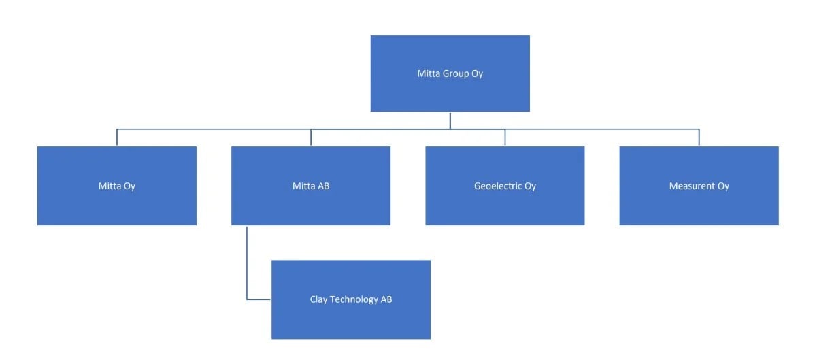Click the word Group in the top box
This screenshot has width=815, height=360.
click(x=456, y=73)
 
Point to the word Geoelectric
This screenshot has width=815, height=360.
click(x=498, y=186)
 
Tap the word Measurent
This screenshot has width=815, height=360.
click(x=692, y=186)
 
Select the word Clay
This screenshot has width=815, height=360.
click(x=318, y=299)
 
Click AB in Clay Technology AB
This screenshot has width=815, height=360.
click(x=386, y=299)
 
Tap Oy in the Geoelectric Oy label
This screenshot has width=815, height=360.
click(x=530, y=186)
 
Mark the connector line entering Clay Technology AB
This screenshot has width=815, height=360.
click(x=259, y=299)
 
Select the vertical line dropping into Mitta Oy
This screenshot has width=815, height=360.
click(x=116, y=137)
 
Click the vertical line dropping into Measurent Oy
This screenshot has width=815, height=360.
click(x=699, y=137)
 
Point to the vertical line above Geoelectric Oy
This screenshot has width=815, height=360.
click(x=505, y=137)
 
